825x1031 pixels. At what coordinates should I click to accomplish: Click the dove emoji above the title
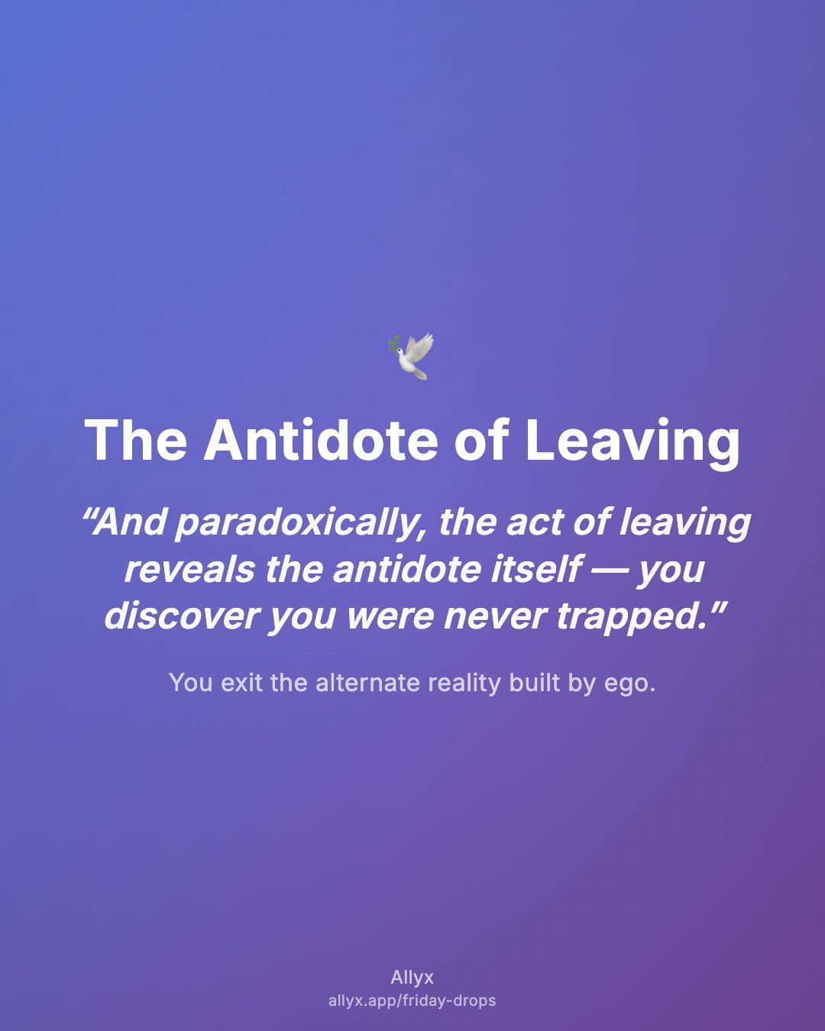[x=411, y=356]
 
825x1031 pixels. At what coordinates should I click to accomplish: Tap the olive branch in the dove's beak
[x=393, y=343]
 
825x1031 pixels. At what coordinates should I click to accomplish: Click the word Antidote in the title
[x=321, y=440]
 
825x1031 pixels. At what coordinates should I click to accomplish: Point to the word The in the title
[x=136, y=440]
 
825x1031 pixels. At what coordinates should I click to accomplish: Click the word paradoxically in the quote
[x=299, y=524]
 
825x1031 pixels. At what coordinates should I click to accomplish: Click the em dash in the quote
[x=609, y=570]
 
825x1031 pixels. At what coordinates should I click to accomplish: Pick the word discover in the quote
[x=182, y=616]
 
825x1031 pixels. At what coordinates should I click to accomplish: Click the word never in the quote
[x=496, y=618]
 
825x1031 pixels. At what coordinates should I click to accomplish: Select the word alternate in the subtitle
[x=367, y=682]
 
